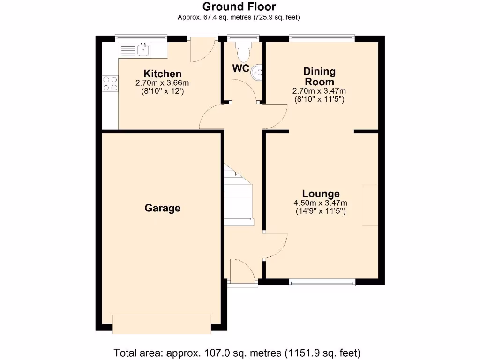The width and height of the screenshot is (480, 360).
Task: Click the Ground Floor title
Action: pyautogui.click(x=239, y=7)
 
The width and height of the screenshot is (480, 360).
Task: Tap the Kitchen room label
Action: pyautogui.click(x=162, y=74)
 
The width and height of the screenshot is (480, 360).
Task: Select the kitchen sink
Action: pyautogui.click(x=143, y=49)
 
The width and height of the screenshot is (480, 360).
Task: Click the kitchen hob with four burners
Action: pyautogui.click(x=110, y=83)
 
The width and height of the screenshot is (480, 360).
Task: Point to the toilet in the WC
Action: pyautogui.click(x=244, y=52)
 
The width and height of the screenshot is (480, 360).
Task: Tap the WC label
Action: pyautogui.click(x=241, y=68)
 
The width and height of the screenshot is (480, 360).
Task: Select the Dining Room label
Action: pyautogui.click(x=320, y=76)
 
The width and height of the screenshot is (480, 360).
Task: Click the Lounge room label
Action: pyautogui.click(x=321, y=194)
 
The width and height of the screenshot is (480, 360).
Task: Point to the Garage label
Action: pyautogui.click(x=162, y=208)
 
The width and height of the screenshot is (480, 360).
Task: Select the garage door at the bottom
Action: pyautogui.click(x=162, y=324)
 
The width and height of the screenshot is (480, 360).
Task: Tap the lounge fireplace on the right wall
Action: pyautogui.click(x=370, y=205)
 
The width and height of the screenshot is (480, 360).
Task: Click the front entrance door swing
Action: pyautogui.click(x=243, y=270)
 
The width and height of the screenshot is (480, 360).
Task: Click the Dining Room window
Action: pyautogui.click(x=322, y=37)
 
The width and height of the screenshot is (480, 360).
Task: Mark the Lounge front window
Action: pyautogui.click(x=322, y=282)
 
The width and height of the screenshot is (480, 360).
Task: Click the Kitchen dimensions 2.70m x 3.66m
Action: pyautogui.click(x=162, y=83)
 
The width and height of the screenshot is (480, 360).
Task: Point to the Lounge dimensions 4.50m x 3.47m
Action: pyautogui.click(x=321, y=203)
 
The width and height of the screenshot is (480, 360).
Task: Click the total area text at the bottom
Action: pyautogui.click(x=237, y=352)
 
